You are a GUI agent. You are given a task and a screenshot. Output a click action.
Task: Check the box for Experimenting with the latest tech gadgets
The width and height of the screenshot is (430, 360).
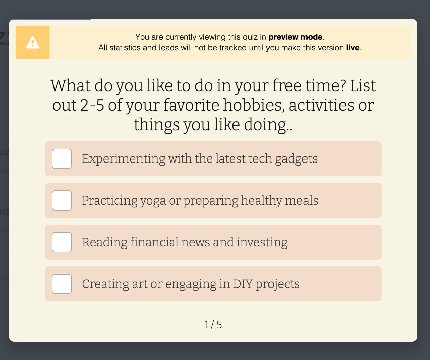point(62,159)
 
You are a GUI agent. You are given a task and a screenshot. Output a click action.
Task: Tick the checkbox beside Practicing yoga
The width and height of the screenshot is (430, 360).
point(62,201)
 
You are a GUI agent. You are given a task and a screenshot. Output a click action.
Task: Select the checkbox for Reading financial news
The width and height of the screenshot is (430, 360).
point(62,242)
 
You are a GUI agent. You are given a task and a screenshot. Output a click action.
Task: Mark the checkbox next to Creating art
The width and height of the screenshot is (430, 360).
point(62,284)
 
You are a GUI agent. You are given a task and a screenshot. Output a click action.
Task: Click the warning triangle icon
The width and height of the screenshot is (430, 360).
point(33,43)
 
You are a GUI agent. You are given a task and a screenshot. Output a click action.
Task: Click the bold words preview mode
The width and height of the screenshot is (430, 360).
point(295,37)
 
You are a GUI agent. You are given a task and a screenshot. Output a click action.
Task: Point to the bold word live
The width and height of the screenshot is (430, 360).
point(352,48)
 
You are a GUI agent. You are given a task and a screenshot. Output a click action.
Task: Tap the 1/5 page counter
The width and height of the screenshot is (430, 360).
point(213,325)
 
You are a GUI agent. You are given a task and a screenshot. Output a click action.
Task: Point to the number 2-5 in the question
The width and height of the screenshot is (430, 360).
point(92,105)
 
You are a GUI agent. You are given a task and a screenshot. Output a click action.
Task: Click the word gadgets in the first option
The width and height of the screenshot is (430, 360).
point(296,159)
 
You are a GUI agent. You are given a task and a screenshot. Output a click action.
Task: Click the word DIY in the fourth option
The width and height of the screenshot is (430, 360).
point(242,284)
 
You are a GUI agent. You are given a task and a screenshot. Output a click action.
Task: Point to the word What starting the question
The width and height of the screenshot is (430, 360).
point(71,85)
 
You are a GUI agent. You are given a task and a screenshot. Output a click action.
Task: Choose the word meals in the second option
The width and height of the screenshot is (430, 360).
point(301,201)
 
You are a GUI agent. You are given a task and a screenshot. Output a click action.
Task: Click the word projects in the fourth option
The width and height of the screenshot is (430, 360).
point(278,284)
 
